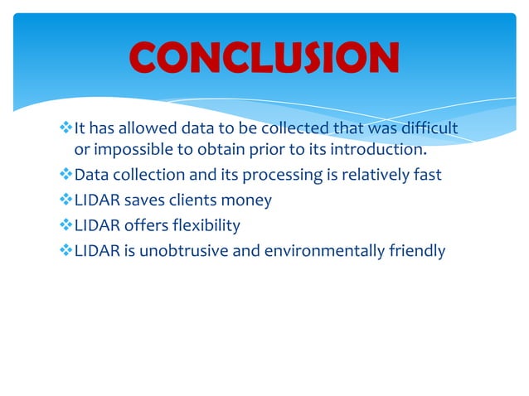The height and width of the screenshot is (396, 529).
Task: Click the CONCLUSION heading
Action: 264,57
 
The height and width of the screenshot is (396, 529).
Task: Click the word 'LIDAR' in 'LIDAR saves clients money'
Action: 95,200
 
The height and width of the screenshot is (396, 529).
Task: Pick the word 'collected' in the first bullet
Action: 296,128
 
